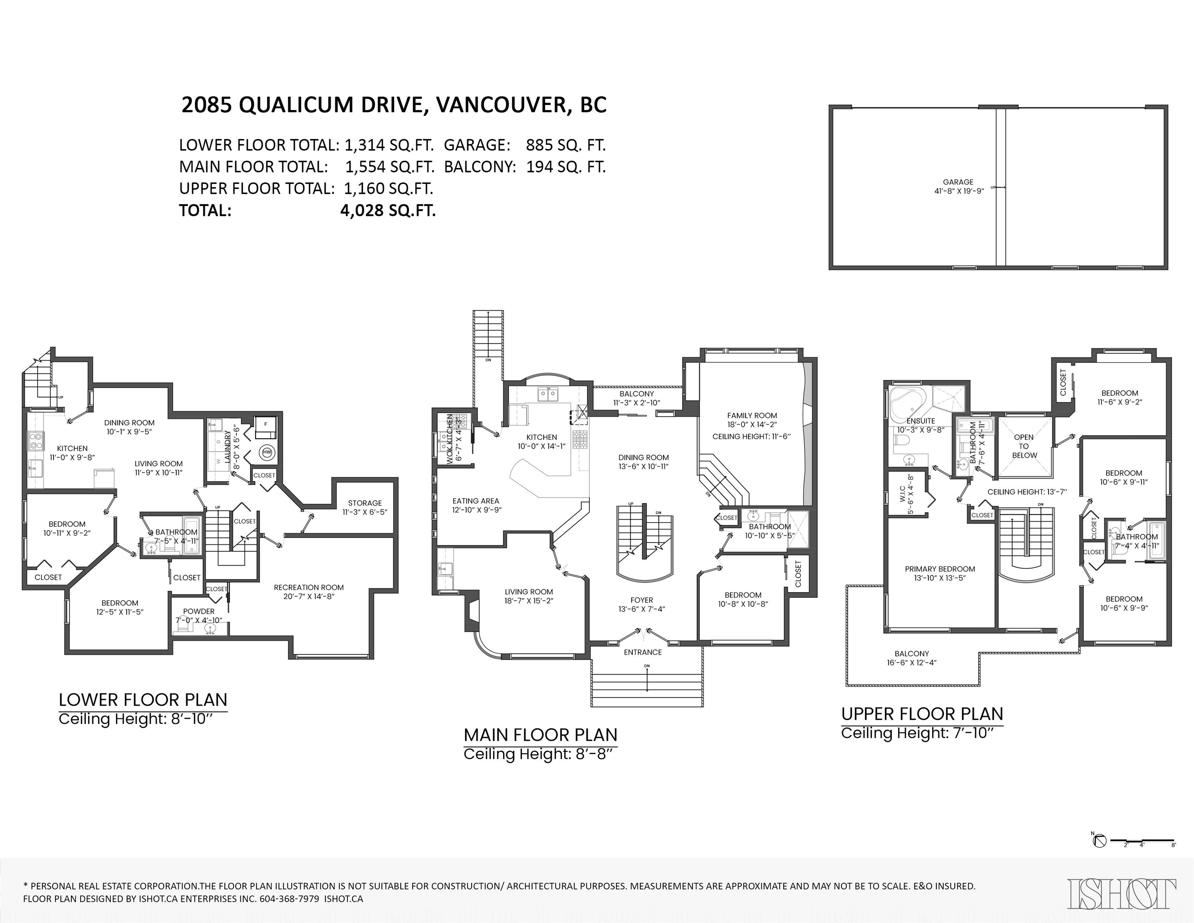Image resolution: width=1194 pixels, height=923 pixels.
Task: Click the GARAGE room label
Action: [x=958, y=182]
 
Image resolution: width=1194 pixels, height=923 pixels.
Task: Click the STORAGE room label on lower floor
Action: [x=365, y=503]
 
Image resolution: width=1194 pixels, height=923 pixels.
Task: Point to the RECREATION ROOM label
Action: [x=309, y=587]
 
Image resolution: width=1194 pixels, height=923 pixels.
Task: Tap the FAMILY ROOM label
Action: [x=752, y=415]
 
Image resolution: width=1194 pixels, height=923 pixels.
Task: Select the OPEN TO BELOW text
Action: [x=1024, y=446]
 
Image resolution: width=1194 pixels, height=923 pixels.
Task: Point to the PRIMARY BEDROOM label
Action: [x=940, y=569]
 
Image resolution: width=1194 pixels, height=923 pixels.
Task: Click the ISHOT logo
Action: [x=1121, y=893]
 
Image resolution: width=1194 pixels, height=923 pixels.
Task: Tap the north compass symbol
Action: [x=1099, y=857]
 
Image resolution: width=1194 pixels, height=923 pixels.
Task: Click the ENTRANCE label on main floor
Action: [x=643, y=652]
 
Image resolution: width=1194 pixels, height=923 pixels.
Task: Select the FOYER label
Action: [x=641, y=600]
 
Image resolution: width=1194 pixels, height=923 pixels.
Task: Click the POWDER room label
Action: [x=199, y=611]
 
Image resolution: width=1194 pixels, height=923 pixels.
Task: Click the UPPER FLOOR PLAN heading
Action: [x=922, y=714]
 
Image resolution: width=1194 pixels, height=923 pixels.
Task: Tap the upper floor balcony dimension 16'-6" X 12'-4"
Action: [x=912, y=662]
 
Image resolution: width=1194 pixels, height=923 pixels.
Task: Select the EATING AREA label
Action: [x=476, y=501]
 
